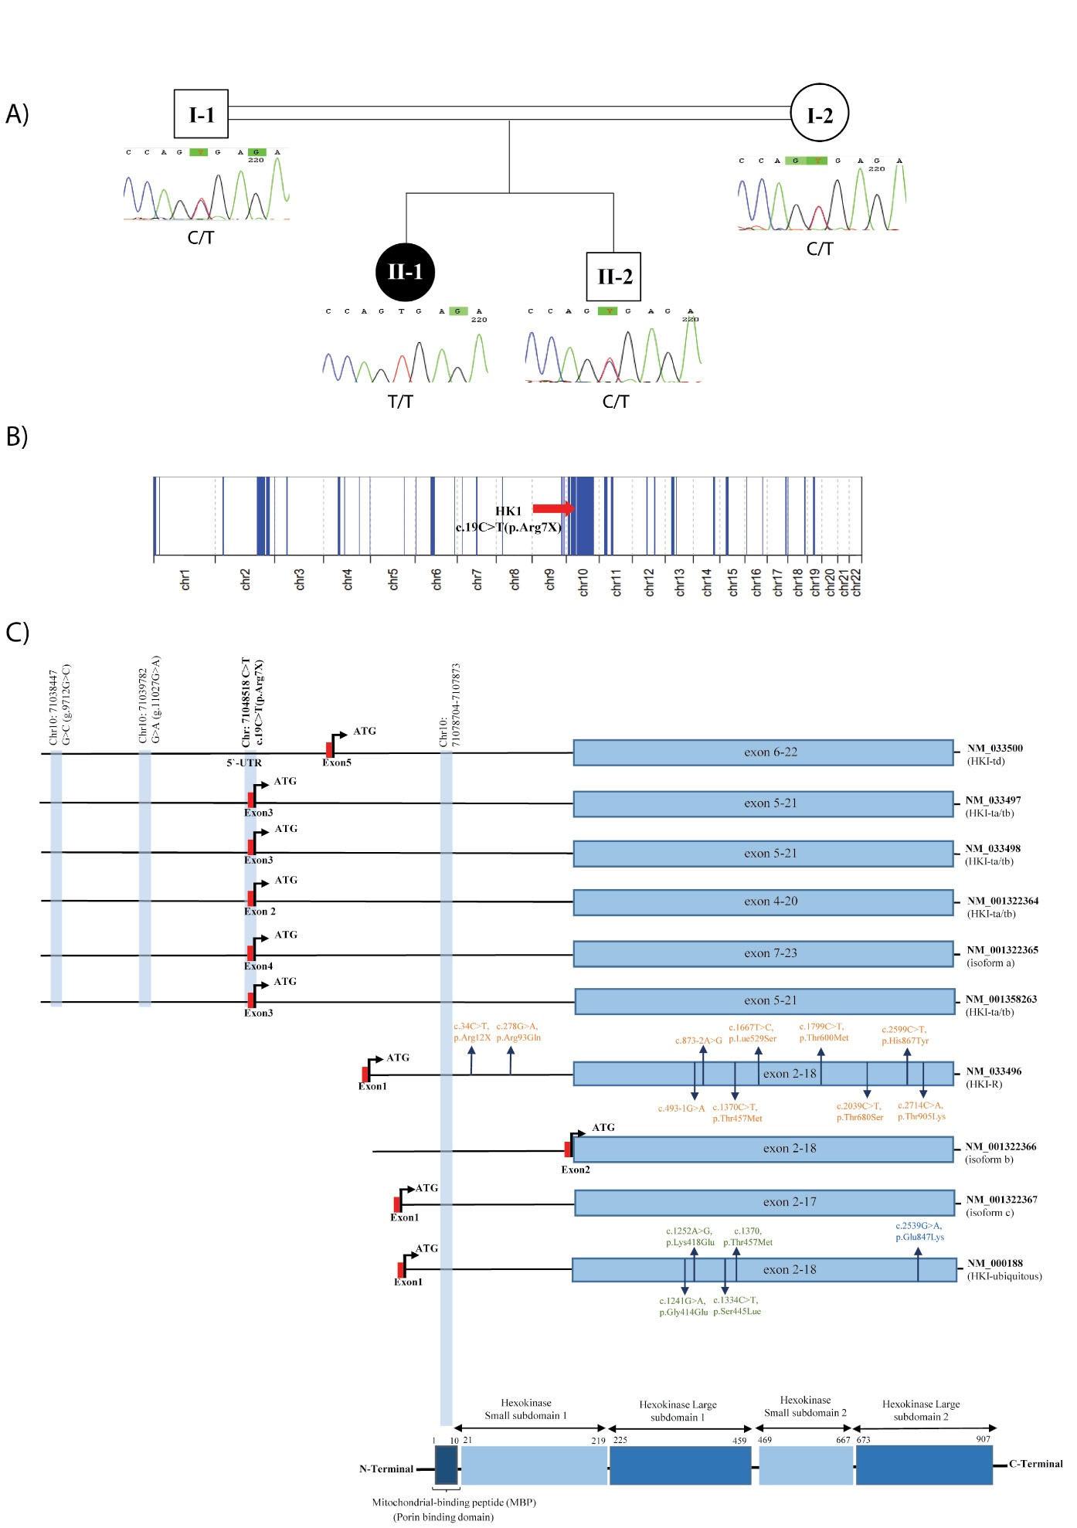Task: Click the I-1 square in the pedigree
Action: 201,114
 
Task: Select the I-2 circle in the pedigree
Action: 819,114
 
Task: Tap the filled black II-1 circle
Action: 405,272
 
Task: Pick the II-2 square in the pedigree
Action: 613,277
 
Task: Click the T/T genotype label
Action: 400,402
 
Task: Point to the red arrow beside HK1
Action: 554,508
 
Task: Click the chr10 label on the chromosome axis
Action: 583,582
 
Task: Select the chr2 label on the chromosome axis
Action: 246,579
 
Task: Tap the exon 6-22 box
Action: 763,752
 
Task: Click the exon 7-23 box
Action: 763,953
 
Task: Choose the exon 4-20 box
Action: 763,902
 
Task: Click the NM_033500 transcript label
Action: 994,748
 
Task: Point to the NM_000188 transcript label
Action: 994,1264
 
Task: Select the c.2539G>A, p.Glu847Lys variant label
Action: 919,1231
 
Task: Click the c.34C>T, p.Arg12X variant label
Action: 472,1032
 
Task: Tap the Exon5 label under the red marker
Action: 337,762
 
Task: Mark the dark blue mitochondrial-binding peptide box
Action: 446,1465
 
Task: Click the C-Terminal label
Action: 1035,1464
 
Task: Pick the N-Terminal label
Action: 386,1469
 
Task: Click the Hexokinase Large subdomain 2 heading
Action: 921,1410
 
